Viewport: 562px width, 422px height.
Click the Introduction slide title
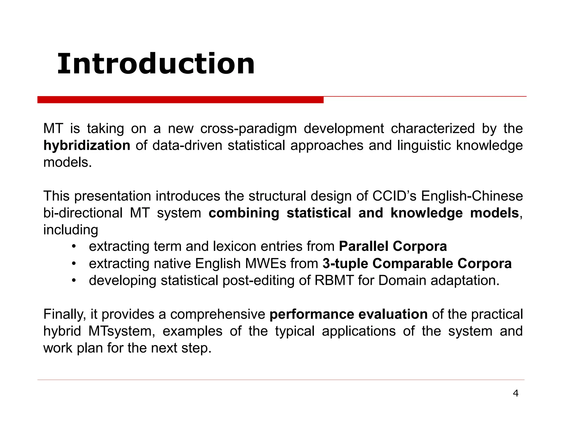[156, 64]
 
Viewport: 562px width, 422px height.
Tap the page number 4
[516, 394]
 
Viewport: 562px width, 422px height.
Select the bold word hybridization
[87, 146]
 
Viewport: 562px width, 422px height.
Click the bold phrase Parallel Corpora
[393, 246]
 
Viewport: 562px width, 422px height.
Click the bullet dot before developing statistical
[74, 281]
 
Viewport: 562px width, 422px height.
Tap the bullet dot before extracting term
[74, 246]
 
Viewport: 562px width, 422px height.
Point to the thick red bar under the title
[180, 100]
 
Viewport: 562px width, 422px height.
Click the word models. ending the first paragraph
[68, 163]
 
